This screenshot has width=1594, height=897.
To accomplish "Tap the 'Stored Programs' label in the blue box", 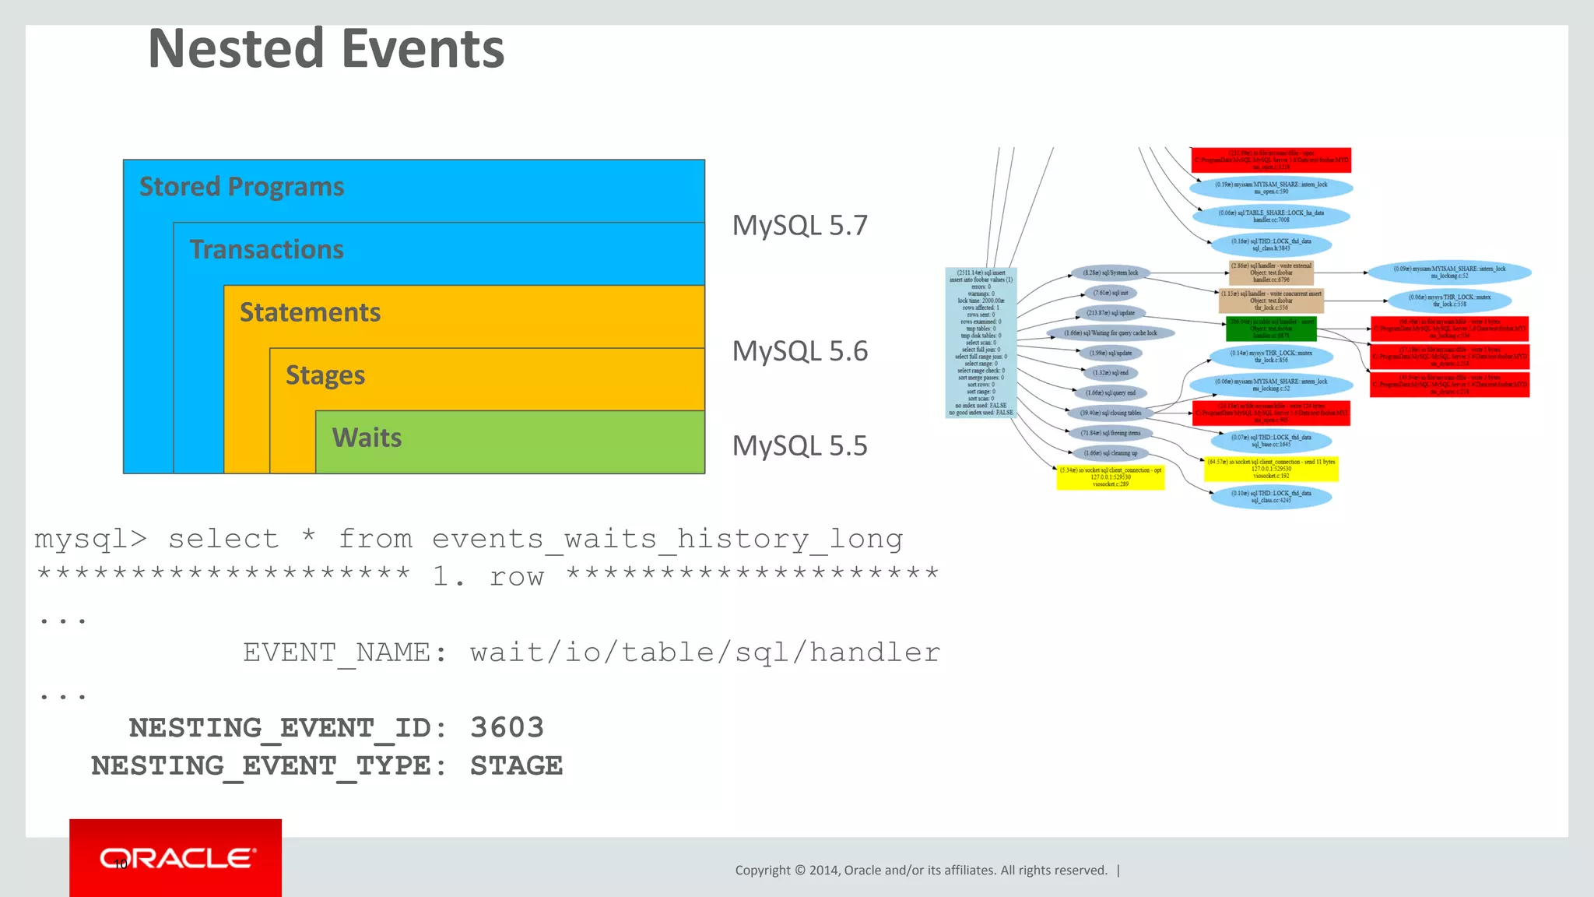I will pos(241,187).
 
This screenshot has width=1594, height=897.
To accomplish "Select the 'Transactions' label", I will pos(266,249).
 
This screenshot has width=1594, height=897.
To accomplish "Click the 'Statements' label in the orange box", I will pos(310,312).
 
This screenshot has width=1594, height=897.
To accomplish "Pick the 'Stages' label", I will pos(325,375).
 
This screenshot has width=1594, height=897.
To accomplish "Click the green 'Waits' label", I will pos(367,438).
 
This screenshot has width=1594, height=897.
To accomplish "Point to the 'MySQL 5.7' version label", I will pos(799,226).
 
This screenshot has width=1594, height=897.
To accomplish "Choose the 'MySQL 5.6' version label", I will pos(799,351).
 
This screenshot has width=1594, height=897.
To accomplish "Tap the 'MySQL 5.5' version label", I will pos(799,446).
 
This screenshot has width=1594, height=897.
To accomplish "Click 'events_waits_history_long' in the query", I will pos(667,539).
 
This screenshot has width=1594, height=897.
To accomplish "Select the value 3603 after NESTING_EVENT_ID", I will pos(507,728).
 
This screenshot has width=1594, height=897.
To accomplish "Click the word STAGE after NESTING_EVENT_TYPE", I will pos(516,766).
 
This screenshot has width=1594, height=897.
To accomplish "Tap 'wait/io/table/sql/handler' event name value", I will pos(704,653).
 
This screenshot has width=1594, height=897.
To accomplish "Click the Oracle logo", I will pos(176,858).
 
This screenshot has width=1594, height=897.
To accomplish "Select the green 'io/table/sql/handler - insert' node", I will pos(1270,329).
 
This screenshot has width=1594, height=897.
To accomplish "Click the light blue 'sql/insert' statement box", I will pos(981,343).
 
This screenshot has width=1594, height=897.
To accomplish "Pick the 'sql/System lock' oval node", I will pos(1110,273).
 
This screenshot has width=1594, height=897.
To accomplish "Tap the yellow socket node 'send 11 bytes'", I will pos(1270,469).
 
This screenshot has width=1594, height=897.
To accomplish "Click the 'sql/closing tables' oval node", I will pos(1110,413).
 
